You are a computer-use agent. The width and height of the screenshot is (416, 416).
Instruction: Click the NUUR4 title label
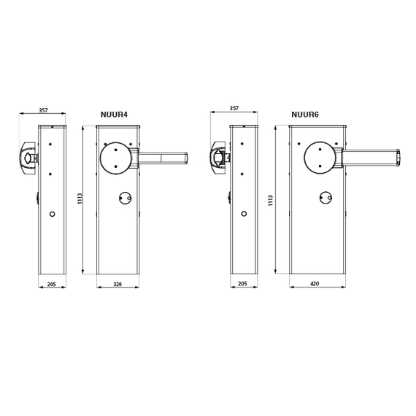(x=114, y=115)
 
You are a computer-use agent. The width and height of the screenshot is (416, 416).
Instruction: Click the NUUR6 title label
(x=305, y=115)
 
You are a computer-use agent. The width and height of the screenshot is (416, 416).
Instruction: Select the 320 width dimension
(x=118, y=284)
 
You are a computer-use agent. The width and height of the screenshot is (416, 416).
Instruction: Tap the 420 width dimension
(x=315, y=284)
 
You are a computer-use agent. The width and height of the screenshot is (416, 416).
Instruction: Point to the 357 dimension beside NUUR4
(x=44, y=109)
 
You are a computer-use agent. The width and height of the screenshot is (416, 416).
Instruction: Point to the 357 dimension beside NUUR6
(x=234, y=108)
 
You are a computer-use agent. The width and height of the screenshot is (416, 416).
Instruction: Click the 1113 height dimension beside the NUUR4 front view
(x=80, y=199)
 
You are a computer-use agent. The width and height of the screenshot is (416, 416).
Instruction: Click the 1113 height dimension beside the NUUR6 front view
(x=270, y=201)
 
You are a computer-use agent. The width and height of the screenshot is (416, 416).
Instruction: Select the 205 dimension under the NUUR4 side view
(x=52, y=284)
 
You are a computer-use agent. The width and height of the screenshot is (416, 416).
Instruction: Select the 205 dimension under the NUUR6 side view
(x=242, y=284)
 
